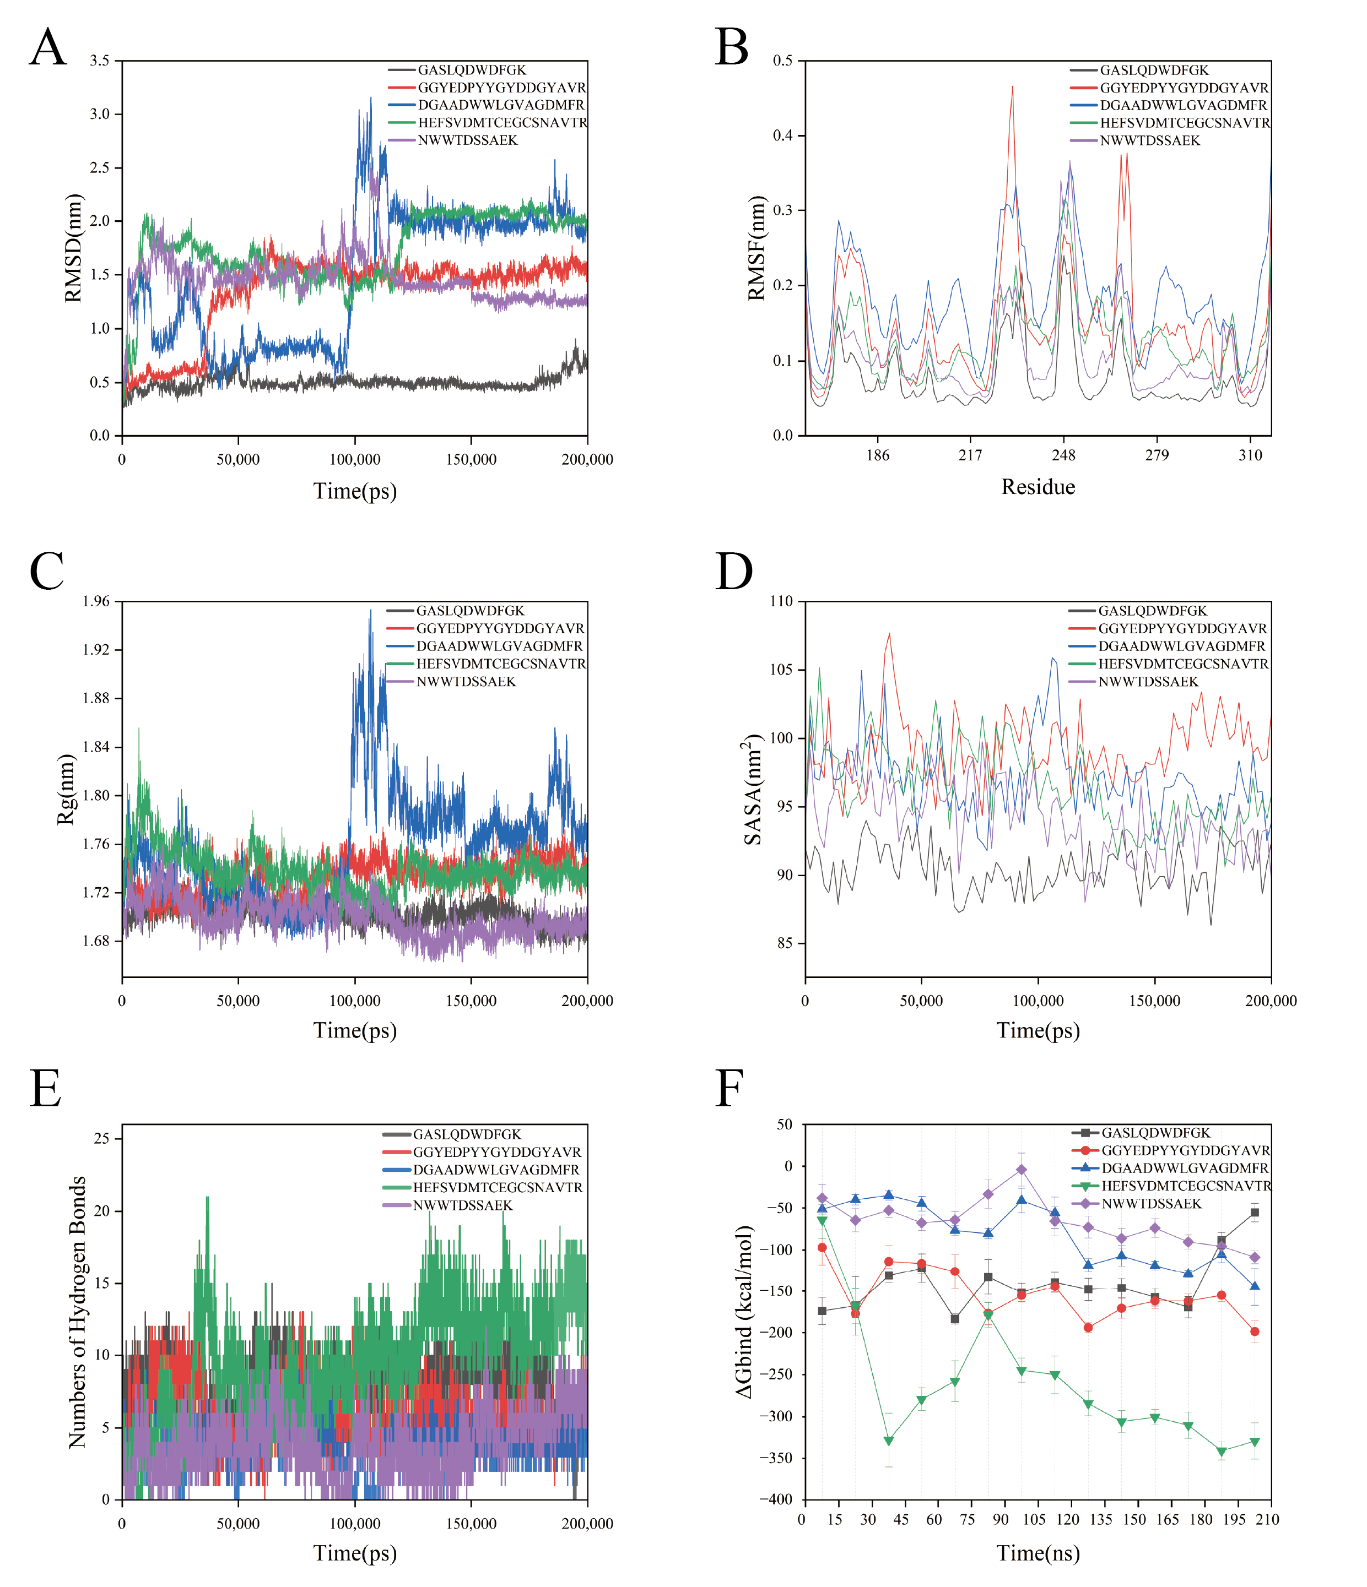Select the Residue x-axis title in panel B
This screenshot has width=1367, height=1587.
click(x=1038, y=487)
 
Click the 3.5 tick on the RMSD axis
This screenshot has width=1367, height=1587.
click(x=100, y=61)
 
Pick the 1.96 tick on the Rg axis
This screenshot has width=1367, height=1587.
click(x=96, y=601)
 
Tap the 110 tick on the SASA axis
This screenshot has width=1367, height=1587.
click(x=782, y=601)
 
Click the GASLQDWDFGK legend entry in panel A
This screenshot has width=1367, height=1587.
click(x=472, y=70)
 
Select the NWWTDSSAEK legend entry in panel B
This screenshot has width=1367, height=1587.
click(x=1150, y=141)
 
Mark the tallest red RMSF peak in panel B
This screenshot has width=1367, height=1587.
click(x=1012, y=86)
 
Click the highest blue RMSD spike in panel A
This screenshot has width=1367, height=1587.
click(x=371, y=98)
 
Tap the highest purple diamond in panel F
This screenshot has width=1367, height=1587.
click(x=1022, y=1170)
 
